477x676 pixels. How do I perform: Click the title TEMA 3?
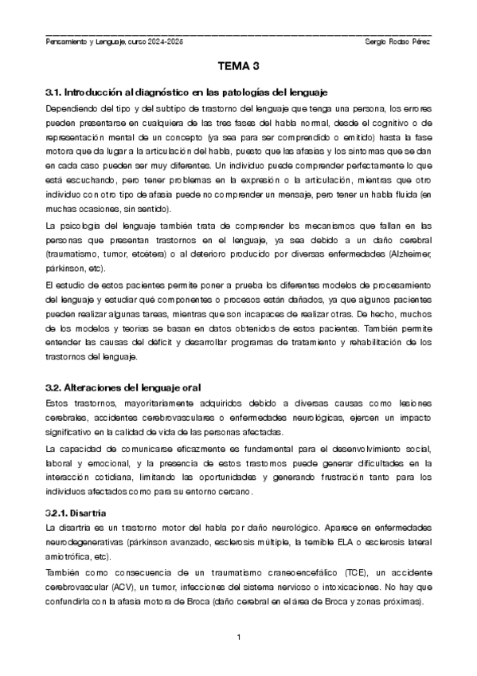[238, 69]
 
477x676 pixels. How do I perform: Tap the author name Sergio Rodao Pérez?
[397, 41]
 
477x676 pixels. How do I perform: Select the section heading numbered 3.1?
[187, 92]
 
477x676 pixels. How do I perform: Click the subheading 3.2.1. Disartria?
[77, 511]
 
